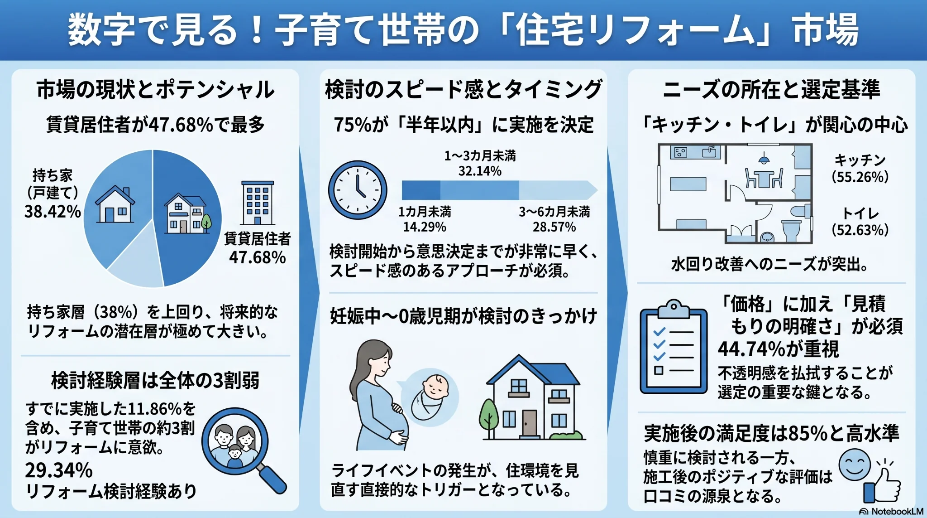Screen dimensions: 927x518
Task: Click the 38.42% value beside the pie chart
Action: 53,211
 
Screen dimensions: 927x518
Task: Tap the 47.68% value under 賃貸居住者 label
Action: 257,257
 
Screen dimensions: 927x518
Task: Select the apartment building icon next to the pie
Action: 257,203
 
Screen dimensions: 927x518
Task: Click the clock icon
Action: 358,190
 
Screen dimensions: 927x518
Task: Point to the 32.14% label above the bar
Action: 480,171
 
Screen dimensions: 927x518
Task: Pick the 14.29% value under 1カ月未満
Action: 425,227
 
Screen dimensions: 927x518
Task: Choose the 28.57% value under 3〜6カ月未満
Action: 554,227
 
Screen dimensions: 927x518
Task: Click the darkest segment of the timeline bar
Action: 421,190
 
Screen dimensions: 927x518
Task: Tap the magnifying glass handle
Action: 272,479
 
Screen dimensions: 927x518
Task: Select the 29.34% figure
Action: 59,470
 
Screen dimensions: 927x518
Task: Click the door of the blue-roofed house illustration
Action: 529,423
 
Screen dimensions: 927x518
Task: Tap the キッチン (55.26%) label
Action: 860,168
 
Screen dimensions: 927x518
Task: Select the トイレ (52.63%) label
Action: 860,222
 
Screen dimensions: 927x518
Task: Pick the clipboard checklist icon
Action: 674,347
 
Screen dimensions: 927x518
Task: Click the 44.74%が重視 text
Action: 779,349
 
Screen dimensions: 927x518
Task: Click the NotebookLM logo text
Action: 897,512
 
